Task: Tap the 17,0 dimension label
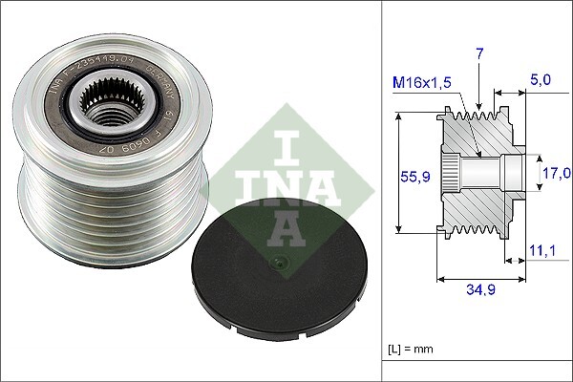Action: tap(556, 173)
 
